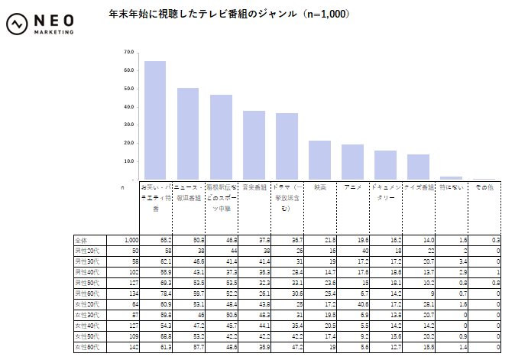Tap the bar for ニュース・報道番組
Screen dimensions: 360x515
click(x=188, y=134)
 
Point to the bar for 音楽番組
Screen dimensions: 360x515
click(x=254, y=145)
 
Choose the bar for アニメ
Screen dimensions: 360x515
click(x=352, y=162)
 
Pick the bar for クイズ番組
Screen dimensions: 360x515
click(x=418, y=167)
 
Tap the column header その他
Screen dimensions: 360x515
click(x=484, y=187)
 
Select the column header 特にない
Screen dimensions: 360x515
click(x=451, y=187)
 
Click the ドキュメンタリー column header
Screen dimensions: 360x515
click(x=386, y=192)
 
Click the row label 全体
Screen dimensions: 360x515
click(x=82, y=239)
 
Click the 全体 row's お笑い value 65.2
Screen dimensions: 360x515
click(x=164, y=239)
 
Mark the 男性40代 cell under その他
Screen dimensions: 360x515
click(x=497, y=271)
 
